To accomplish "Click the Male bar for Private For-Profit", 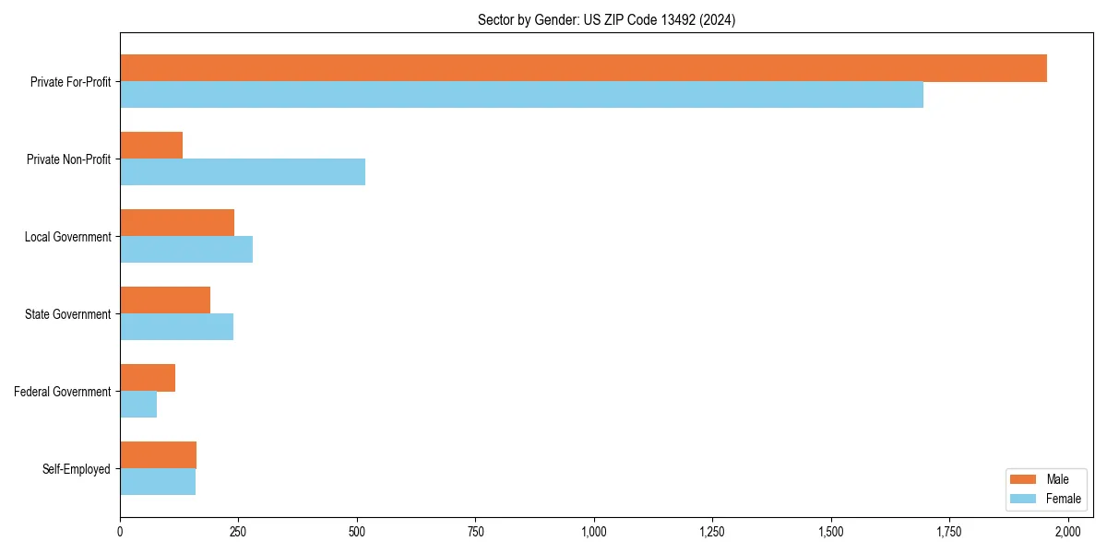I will tap(583, 68).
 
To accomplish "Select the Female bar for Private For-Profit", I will tap(521, 95).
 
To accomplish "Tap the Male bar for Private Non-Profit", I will tap(151, 146).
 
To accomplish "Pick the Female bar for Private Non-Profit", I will tap(243, 172).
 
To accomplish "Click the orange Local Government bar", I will tap(177, 223).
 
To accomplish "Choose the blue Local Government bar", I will tap(186, 250).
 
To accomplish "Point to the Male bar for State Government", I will tap(165, 300).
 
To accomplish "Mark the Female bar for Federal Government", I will tap(138, 405).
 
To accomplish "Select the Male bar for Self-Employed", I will tap(158, 455).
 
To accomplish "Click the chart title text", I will tap(606, 20).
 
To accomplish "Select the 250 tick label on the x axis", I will tap(238, 532).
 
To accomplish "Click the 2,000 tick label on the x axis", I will tap(1067, 532).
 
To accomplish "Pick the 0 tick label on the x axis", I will tap(120, 532).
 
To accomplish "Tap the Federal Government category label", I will tap(63, 392).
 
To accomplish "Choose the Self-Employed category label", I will tap(77, 469).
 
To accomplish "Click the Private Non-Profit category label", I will tap(69, 159).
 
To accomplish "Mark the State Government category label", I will tap(68, 314).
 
